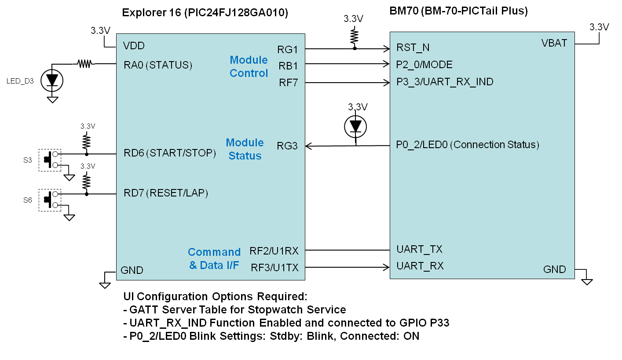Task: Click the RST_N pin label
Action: [x=413, y=48]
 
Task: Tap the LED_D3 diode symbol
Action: [x=52, y=80]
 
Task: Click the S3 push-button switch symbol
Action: [x=50, y=160]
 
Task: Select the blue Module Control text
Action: [x=249, y=66]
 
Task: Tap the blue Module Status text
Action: [x=245, y=149]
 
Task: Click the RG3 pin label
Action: [x=287, y=145]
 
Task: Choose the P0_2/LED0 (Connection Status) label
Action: [x=468, y=145]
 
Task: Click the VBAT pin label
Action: [x=554, y=43]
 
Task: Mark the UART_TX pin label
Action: [x=419, y=250]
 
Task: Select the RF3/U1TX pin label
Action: [x=274, y=267]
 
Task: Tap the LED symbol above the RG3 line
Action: [x=355, y=127]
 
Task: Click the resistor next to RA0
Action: [x=84, y=64]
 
